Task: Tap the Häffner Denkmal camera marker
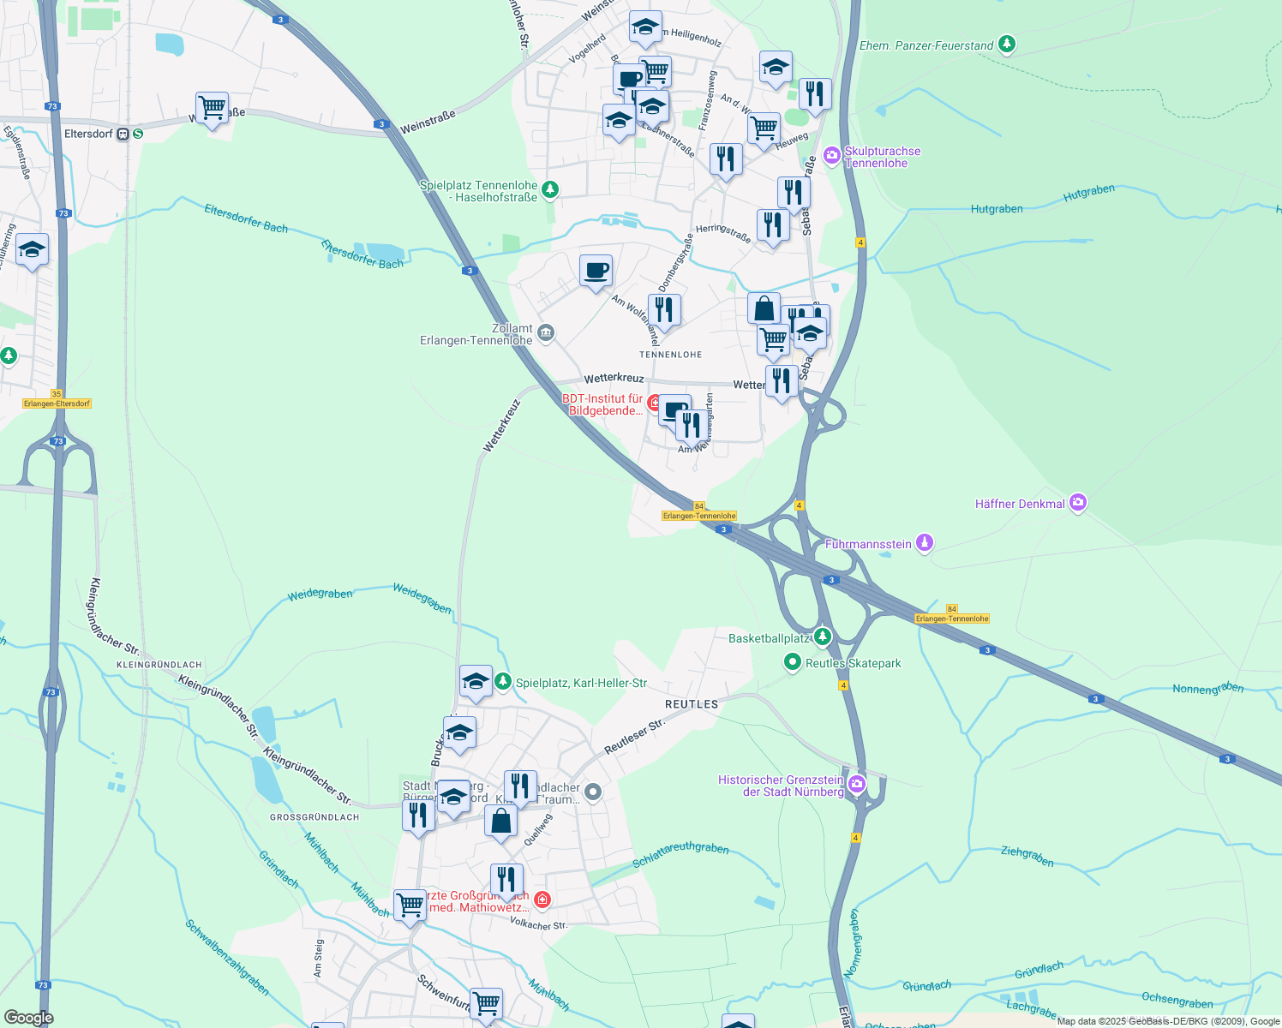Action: (x=1078, y=504)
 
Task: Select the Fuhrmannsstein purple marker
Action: (x=924, y=544)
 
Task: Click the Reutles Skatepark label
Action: (x=853, y=663)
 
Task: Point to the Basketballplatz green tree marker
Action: (x=823, y=637)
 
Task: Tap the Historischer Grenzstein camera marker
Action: (x=856, y=784)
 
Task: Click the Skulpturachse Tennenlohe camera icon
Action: (x=831, y=156)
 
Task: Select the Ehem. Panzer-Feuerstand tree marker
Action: (x=1008, y=45)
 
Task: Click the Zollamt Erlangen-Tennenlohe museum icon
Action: (x=545, y=333)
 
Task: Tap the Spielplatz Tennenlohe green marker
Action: (x=550, y=189)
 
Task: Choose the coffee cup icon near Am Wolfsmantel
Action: (x=596, y=271)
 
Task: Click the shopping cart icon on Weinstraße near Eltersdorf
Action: (x=212, y=108)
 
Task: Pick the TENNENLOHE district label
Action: (x=670, y=354)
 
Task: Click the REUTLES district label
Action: (x=692, y=704)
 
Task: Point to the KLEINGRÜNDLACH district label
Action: (x=159, y=665)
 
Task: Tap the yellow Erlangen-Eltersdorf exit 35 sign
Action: (x=57, y=403)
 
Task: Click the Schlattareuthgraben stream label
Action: (x=680, y=855)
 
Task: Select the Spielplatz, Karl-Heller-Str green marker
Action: (x=502, y=682)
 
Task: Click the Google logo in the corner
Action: (x=28, y=1017)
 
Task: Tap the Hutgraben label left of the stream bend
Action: (x=997, y=208)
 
